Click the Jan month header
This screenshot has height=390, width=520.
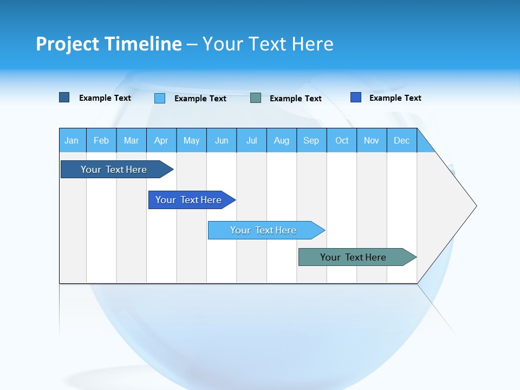click(x=72, y=140)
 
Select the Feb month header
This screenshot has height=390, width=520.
click(x=101, y=140)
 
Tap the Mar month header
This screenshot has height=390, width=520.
click(x=131, y=140)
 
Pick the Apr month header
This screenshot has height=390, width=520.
click(x=161, y=140)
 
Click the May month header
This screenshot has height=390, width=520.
click(x=191, y=140)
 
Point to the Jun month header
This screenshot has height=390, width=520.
click(x=222, y=140)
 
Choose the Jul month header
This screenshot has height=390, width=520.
click(x=251, y=140)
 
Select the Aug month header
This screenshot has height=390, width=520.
click(x=282, y=140)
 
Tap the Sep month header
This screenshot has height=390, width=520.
click(x=311, y=140)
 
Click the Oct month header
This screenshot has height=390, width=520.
click(x=342, y=140)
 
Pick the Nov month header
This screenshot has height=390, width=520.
click(x=372, y=140)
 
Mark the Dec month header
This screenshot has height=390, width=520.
click(x=401, y=140)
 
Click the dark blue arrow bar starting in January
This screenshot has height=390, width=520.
click(x=114, y=170)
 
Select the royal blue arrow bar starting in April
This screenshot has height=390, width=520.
click(x=189, y=200)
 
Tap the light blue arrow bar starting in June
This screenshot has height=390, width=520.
click(x=264, y=230)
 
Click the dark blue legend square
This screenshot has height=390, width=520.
click(x=64, y=97)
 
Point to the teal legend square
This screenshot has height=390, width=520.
click(x=256, y=98)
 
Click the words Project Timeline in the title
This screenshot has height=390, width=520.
click(x=109, y=44)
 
